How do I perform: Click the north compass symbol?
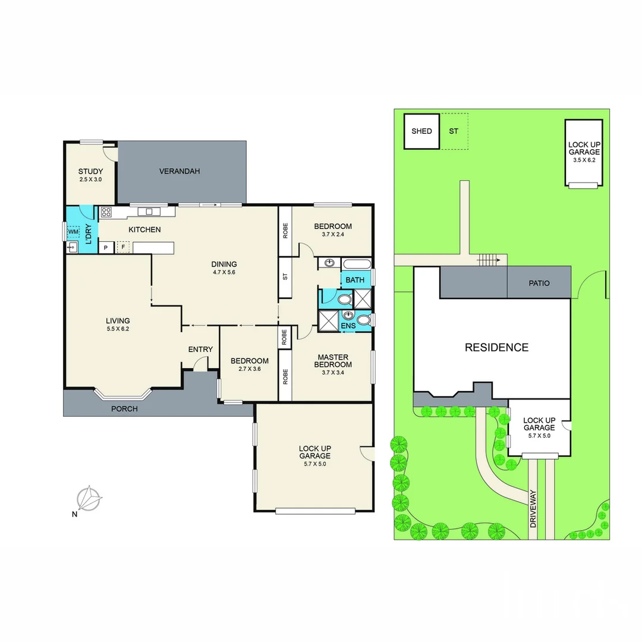pyautogui.click(x=89, y=498)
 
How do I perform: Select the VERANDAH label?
pyautogui.click(x=180, y=171)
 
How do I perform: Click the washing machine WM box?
pyautogui.click(x=73, y=231)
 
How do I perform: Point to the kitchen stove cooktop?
pyautogui.click(x=106, y=212)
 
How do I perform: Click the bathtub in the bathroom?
pyautogui.click(x=357, y=263)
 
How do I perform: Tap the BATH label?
pyautogui.click(x=355, y=280)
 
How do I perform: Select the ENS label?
pyautogui.click(x=348, y=326)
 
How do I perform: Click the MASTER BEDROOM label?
pyautogui.click(x=332, y=361)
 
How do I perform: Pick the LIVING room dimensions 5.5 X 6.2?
pyautogui.click(x=117, y=329)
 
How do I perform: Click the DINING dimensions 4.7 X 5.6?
pyautogui.click(x=224, y=273)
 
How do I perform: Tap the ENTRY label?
pyautogui.click(x=200, y=349)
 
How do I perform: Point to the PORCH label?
pyautogui.click(x=124, y=408)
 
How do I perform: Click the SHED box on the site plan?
pyautogui.click(x=421, y=131)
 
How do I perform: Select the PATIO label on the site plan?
pyautogui.click(x=539, y=283)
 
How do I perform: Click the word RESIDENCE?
pyautogui.click(x=496, y=348)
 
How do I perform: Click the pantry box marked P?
pyautogui.click(x=106, y=247)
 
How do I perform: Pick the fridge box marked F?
pyautogui.click(x=124, y=247)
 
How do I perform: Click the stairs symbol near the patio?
pyautogui.click(x=487, y=259)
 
